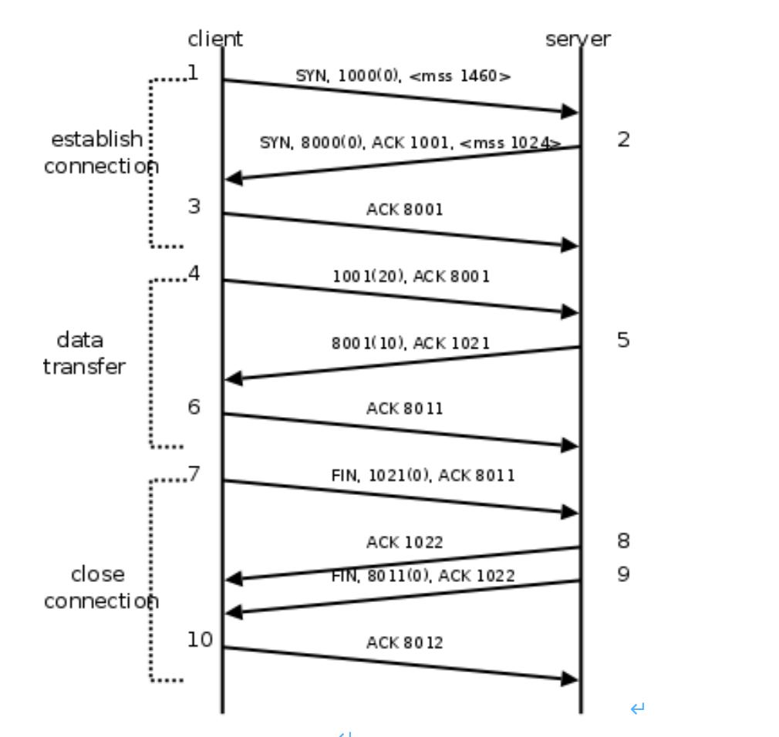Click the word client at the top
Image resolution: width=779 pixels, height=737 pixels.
[x=215, y=39]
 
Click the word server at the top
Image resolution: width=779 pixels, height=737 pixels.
[x=578, y=39]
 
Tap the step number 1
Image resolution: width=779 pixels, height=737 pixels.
[x=193, y=73]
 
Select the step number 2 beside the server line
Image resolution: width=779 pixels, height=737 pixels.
[x=623, y=140]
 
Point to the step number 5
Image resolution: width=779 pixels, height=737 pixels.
[x=623, y=340]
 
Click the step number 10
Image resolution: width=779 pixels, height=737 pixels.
[x=200, y=639]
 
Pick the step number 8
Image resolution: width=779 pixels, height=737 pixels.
[x=623, y=541]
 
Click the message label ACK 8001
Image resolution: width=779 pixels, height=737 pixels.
[x=405, y=209]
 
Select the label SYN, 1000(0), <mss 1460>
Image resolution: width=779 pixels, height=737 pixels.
[x=403, y=76]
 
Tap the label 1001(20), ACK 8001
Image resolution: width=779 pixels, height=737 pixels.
[x=411, y=276]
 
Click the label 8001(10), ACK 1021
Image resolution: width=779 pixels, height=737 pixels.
[x=410, y=343]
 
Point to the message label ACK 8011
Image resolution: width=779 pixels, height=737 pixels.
[x=405, y=409]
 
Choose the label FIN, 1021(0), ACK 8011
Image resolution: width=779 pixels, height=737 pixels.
[x=423, y=476]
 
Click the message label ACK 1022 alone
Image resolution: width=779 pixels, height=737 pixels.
[x=405, y=543]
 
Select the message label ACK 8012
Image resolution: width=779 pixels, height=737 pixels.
[x=405, y=642]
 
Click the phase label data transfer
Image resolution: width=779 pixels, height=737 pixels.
[x=83, y=353]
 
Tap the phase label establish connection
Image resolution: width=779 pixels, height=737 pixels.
[x=100, y=153]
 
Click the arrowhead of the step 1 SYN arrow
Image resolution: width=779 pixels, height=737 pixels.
[x=569, y=113]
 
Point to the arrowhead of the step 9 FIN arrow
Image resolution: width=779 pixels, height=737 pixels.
[x=234, y=613]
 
